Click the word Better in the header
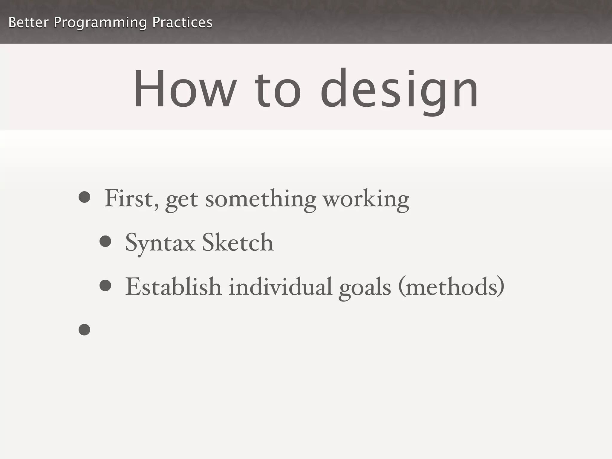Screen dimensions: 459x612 tap(28, 22)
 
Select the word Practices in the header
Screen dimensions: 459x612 tap(182, 22)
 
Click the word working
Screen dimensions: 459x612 tap(366, 199)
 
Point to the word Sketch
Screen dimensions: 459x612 tap(238, 242)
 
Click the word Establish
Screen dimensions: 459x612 tap(173, 287)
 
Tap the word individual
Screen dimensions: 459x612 tap(280, 287)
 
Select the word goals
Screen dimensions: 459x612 tap(365, 288)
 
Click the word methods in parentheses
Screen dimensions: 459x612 tap(451, 287)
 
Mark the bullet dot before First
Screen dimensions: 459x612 tap(84, 197)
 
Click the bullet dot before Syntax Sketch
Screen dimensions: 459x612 tap(105, 241)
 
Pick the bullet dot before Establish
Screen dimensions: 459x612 tap(105, 285)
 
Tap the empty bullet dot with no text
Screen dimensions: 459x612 tap(84, 330)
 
